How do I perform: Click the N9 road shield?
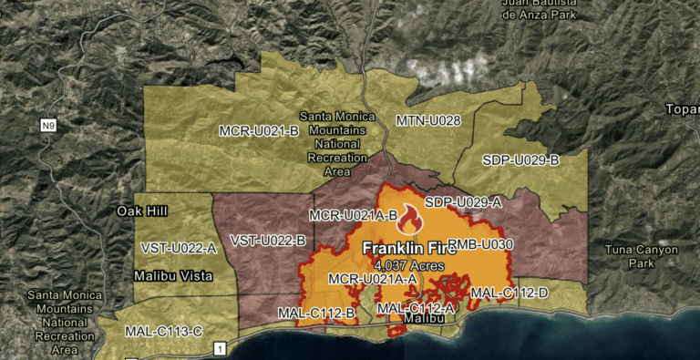[x=48, y=126]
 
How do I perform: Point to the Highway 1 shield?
[x=219, y=348]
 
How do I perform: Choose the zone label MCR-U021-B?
[x=259, y=131]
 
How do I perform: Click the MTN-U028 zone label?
[x=427, y=120]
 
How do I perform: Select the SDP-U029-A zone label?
[x=463, y=201]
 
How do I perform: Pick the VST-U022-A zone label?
[x=179, y=247]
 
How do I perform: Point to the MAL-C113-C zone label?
[x=163, y=331]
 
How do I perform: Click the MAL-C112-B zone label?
[x=316, y=313]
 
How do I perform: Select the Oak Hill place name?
[x=142, y=211]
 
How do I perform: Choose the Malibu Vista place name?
[x=171, y=274]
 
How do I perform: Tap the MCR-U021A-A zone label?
[x=373, y=278]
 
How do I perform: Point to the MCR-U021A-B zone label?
[x=353, y=216]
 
